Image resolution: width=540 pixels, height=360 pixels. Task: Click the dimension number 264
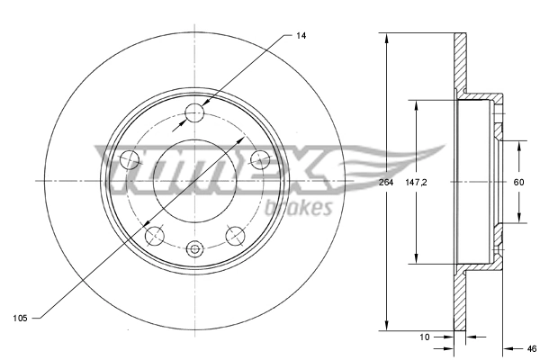[386, 183]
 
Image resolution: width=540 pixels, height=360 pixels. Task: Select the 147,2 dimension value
[416, 183]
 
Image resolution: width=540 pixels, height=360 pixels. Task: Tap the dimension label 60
[518, 183]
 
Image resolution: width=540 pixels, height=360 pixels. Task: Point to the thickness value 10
[424, 337]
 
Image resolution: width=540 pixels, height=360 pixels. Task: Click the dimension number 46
[531, 348]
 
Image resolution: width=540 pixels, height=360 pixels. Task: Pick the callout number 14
[301, 35]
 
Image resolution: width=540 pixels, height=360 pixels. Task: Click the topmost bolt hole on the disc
[194, 112]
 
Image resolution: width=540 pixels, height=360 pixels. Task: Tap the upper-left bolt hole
[129, 160]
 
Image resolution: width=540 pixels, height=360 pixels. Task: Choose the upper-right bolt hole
[261, 160]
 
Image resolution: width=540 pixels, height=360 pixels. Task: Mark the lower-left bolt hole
[154, 236]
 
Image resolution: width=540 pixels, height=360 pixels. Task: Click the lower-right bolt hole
[236, 236]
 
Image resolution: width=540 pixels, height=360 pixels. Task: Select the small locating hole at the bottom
[194, 249]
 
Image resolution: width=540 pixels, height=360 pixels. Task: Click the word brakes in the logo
[299, 208]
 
